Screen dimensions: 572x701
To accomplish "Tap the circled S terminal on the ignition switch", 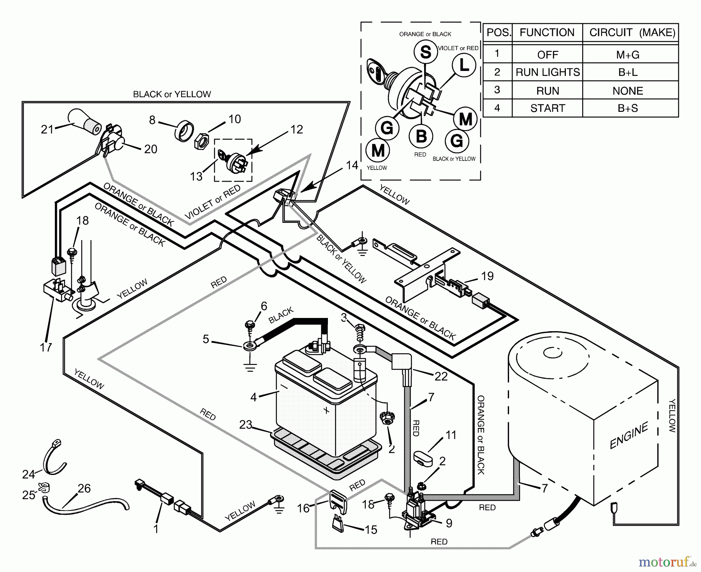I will (x=425, y=52).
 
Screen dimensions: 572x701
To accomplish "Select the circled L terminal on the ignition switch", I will (x=464, y=65).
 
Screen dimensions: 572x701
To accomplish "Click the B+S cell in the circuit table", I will (x=628, y=108).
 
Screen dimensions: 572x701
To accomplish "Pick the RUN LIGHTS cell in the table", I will (x=548, y=72).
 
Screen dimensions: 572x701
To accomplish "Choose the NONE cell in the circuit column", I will (x=628, y=90).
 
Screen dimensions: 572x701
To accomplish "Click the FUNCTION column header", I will (x=547, y=32).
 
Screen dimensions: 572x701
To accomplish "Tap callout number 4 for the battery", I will (x=254, y=397).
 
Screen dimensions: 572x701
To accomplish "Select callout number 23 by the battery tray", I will (x=246, y=424).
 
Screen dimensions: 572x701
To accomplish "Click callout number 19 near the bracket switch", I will (x=487, y=276).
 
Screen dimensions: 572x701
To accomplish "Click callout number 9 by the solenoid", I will (x=449, y=523).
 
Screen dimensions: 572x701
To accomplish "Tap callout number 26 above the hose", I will (x=84, y=488).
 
